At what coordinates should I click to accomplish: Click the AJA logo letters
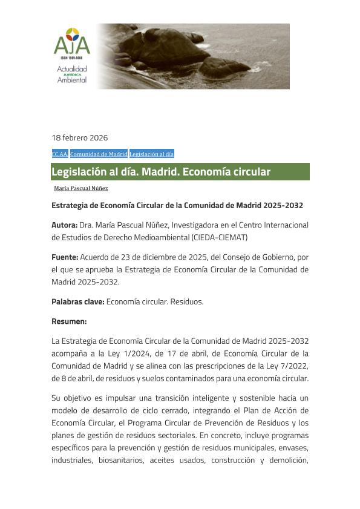coord(71,44)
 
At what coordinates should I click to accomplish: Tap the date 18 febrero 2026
coord(79,137)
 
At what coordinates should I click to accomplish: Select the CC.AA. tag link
coord(59,154)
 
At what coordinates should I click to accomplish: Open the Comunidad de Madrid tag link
coord(99,154)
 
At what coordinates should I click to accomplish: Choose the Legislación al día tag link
coord(151,154)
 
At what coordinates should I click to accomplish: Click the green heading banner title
coord(160,172)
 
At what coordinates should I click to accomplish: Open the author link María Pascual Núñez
coord(81,188)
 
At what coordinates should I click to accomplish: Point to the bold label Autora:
coord(64,225)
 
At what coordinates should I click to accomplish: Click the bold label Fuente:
coord(64,257)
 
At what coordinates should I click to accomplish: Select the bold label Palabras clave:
coord(77,301)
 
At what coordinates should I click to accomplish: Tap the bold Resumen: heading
coord(69,321)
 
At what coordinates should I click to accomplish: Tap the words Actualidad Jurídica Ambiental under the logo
coord(71,74)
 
